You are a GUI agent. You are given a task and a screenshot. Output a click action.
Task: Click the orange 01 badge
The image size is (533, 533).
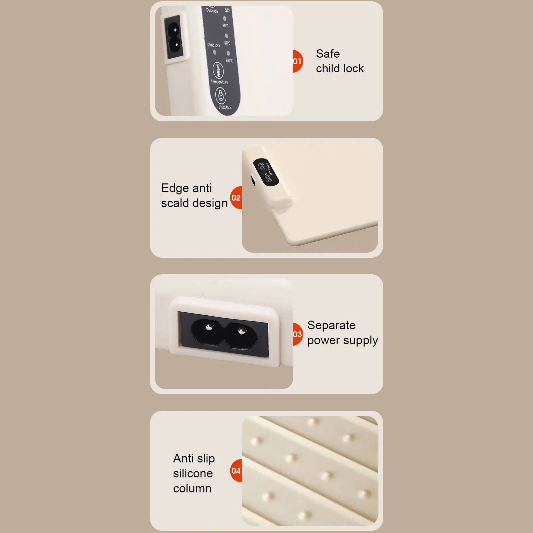(297, 61)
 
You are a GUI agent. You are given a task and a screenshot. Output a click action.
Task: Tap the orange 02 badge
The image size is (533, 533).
(236, 198)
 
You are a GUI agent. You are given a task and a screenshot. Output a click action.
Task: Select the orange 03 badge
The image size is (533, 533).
(297, 334)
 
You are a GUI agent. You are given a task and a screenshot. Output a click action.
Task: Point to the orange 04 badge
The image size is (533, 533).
(236, 471)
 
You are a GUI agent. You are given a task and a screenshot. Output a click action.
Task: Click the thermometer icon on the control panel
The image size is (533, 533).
(218, 70)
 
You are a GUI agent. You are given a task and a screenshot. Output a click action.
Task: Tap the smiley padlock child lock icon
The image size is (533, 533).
(221, 96)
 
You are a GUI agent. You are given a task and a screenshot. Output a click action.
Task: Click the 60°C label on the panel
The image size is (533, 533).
(225, 26)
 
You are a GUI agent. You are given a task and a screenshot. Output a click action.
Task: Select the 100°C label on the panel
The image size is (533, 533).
(229, 60)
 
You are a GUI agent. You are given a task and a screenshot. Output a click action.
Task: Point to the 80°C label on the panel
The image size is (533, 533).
(227, 43)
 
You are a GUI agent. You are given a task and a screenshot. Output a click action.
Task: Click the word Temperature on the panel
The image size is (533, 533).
(219, 82)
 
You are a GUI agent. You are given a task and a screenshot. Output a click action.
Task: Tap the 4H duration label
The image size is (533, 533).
(227, 10)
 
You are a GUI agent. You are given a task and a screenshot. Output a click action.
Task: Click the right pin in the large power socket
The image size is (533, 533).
(242, 331)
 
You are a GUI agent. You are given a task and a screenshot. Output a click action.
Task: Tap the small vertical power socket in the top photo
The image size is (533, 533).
(174, 37)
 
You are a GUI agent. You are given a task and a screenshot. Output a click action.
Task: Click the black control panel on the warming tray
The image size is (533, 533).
(266, 172)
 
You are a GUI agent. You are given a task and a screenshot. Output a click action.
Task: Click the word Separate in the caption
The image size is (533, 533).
(331, 325)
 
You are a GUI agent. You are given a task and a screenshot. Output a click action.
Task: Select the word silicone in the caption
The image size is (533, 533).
(193, 473)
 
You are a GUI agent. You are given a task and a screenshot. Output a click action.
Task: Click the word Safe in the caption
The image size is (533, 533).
(328, 54)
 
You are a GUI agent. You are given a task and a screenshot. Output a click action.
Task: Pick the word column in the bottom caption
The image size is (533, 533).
(192, 488)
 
